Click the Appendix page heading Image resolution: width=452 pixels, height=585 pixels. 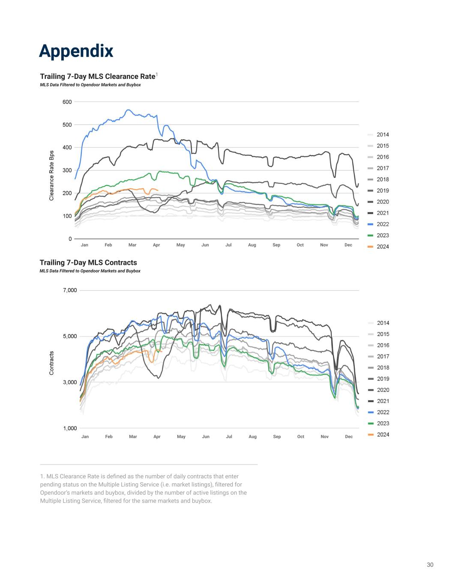[x=76, y=51]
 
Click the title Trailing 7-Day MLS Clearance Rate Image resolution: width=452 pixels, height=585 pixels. [x=97, y=76]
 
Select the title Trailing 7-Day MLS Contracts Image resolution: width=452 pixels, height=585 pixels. [x=88, y=262]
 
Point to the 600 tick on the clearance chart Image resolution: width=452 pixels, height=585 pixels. [x=67, y=102]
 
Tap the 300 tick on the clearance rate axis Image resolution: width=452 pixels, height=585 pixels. [x=67, y=170]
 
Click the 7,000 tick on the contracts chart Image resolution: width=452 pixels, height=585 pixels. [x=69, y=290]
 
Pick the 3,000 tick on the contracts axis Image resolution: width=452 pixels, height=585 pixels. [x=69, y=382]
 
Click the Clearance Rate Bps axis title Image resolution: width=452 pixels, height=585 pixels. [x=51, y=175]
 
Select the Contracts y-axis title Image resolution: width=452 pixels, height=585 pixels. [x=51, y=363]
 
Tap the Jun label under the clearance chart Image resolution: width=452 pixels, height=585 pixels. [x=205, y=245]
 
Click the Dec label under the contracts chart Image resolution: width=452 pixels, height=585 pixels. [x=349, y=436]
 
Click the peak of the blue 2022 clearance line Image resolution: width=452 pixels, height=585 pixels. [x=128, y=110]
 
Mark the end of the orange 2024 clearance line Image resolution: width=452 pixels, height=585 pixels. [x=158, y=190]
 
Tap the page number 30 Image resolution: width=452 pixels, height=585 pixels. [x=430, y=564]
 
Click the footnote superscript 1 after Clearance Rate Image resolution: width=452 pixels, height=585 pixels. [x=157, y=75]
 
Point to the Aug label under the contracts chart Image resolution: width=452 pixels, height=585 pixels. [x=252, y=436]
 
